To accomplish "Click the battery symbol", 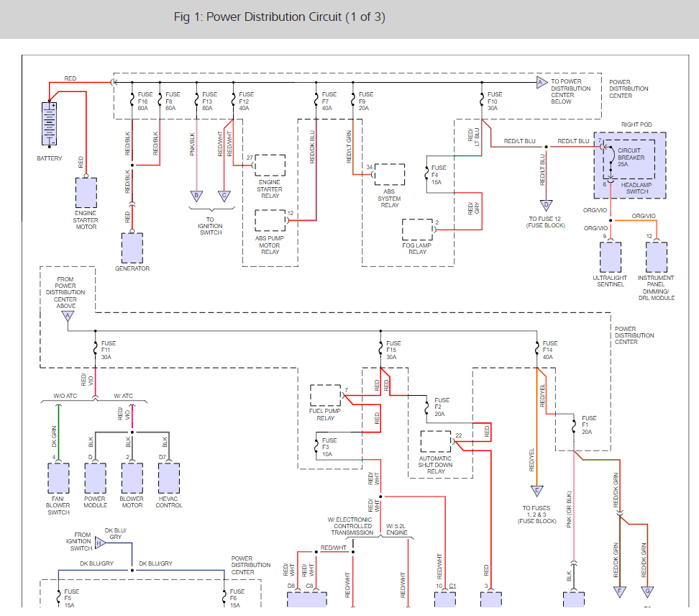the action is pos(49,124).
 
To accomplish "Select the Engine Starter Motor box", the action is pos(86,193).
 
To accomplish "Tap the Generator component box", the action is pos(132,248).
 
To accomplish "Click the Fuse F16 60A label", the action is pos(145,101).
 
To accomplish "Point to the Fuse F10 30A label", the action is pos(494,101).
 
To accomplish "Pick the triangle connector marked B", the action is pos(196,196).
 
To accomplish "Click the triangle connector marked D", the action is pos(546,205).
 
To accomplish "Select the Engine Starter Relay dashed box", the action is pos(270,166).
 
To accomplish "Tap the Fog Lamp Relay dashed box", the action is pos(417,230).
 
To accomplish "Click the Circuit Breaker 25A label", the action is pos(631,158).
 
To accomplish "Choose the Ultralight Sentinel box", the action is pos(611,258).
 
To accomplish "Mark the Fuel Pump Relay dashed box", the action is pos(326,395).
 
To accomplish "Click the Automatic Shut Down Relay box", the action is pos(436,442).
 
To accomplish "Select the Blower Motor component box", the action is pos(132,478).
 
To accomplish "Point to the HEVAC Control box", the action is pos(169,478).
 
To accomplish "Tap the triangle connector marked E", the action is pos(536,491).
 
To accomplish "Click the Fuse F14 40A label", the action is pos(549,350).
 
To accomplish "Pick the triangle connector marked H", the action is pos(100,543).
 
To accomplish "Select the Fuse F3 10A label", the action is pos(329,447).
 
